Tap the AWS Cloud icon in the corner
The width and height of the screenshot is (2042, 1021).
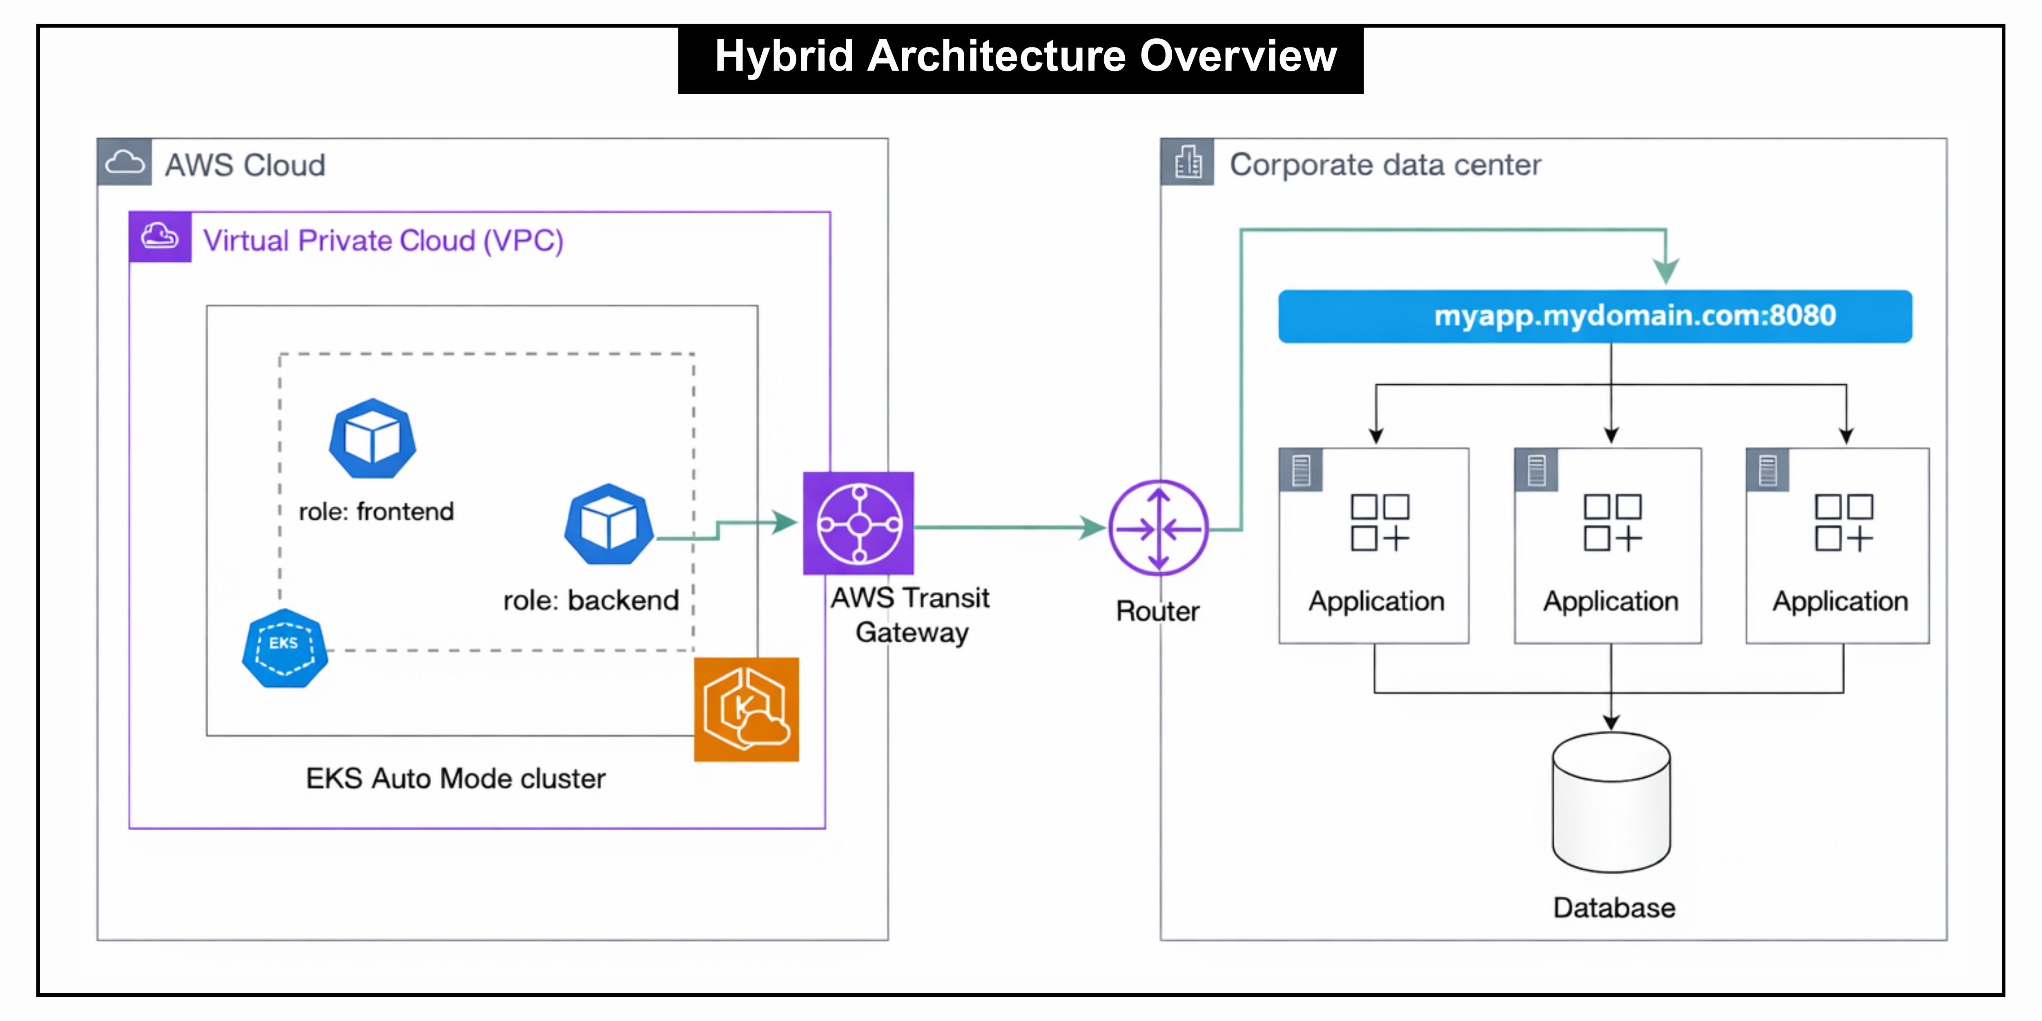coord(125,163)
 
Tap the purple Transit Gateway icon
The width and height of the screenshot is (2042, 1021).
coord(858,523)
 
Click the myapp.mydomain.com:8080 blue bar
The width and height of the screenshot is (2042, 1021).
coord(1595,316)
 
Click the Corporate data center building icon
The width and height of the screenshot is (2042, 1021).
coord(1188,163)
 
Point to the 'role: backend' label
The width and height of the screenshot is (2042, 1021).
coord(591,600)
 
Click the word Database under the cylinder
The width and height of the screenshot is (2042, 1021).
coord(1614,907)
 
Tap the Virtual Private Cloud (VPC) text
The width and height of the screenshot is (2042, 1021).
coord(383,240)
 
